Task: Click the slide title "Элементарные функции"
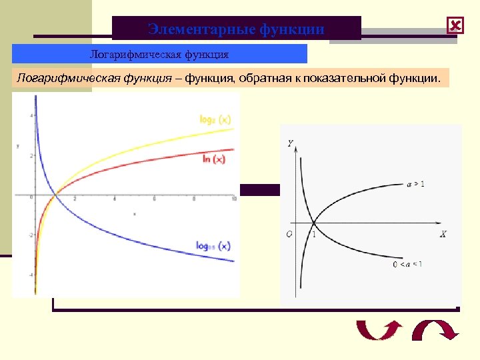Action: (x=236, y=29)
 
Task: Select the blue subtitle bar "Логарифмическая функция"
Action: (x=159, y=53)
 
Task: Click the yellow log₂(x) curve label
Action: (x=215, y=119)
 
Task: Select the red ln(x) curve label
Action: (x=213, y=159)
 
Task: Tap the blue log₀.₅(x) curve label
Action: (x=213, y=245)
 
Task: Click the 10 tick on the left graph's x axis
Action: (x=233, y=200)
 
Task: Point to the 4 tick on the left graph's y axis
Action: (x=31, y=116)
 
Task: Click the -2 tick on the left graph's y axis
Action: (x=30, y=235)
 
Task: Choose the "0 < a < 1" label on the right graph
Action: (x=407, y=265)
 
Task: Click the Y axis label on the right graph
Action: (x=290, y=143)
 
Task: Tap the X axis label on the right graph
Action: (x=443, y=234)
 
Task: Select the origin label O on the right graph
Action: (x=289, y=234)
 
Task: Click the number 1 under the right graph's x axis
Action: (x=313, y=234)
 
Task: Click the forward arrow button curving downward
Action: (x=433, y=331)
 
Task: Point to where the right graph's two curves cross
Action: (x=314, y=223)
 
